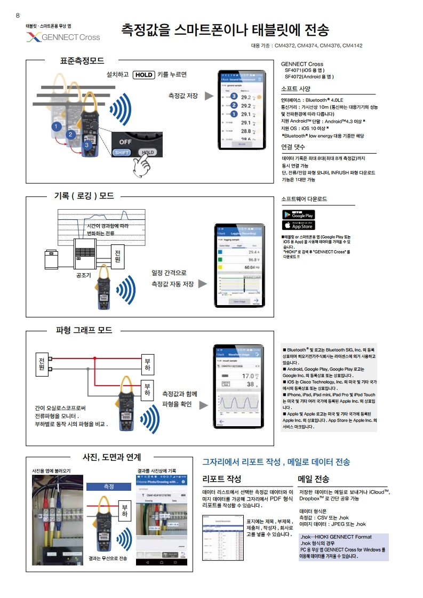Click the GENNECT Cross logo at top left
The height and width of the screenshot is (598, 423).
(63, 37)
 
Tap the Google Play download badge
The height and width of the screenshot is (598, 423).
(298, 214)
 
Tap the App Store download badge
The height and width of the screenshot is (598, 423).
(298, 225)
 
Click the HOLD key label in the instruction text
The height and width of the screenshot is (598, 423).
(143, 75)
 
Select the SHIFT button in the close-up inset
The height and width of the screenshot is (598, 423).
(121, 152)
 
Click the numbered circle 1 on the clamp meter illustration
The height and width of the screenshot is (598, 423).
(55, 126)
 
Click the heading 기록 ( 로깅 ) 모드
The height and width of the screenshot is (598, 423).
(84, 196)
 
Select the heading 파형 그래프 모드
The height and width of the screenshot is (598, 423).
(84, 330)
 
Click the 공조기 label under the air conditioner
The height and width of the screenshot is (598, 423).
(85, 275)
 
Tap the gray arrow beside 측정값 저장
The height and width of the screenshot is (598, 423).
(209, 96)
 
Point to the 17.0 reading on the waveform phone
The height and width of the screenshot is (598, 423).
(248, 376)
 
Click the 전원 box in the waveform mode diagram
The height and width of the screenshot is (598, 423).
(42, 364)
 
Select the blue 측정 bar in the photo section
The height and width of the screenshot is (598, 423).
(109, 486)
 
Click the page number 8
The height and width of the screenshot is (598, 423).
(18, 15)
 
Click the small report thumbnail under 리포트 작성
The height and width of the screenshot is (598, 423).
(222, 530)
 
